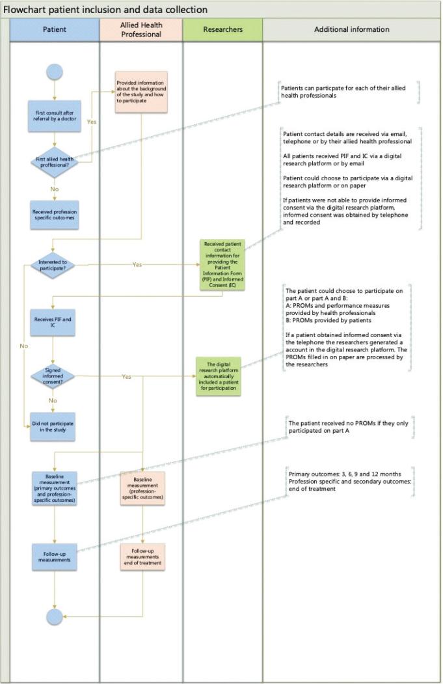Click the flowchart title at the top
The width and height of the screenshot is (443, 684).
click(x=105, y=10)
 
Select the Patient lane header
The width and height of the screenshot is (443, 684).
click(x=55, y=30)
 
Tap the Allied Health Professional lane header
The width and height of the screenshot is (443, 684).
click(x=141, y=30)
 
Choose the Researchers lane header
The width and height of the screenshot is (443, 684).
click(x=222, y=30)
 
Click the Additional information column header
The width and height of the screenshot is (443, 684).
click(x=351, y=30)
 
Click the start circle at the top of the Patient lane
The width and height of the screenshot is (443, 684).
click(x=55, y=72)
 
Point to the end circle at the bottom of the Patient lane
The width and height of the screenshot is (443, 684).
click(x=55, y=616)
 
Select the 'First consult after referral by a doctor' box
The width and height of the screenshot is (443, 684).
click(x=55, y=116)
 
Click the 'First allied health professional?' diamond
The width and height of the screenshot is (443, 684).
click(x=55, y=161)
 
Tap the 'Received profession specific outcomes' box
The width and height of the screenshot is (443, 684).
click(x=55, y=215)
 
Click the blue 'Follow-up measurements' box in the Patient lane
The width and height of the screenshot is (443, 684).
click(x=55, y=556)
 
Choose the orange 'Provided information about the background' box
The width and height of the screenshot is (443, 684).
click(x=141, y=92)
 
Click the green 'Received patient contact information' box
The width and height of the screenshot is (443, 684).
click(x=222, y=265)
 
